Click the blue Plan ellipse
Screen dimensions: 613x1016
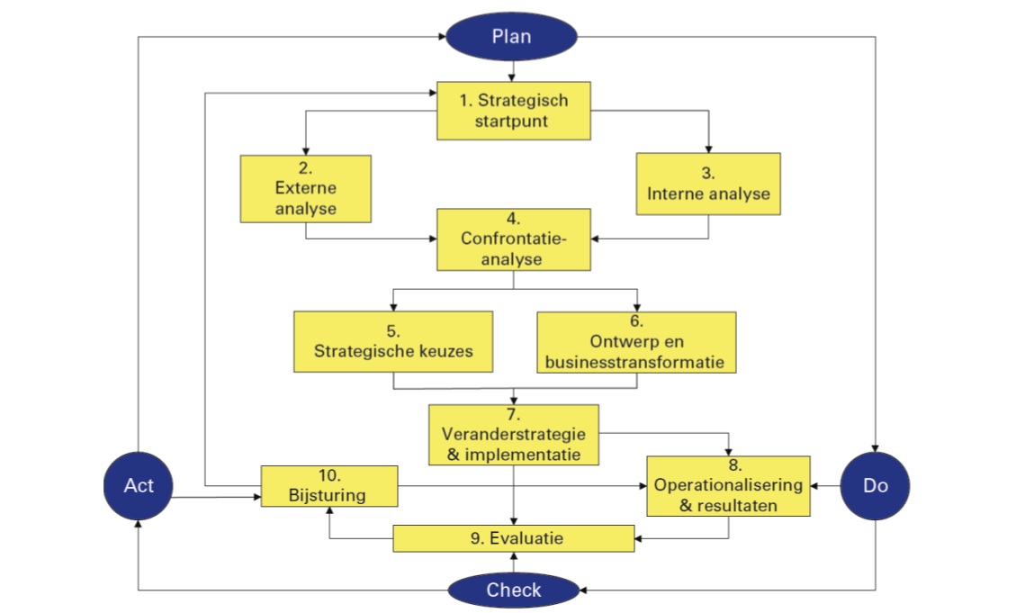[512, 36]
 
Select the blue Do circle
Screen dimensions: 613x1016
[875, 486]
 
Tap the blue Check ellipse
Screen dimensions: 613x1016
[514, 590]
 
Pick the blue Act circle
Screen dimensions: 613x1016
[139, 486]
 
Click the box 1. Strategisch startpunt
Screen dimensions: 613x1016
[514, 112]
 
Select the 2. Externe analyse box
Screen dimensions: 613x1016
[306, 189]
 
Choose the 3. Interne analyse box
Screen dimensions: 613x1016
[708, 184]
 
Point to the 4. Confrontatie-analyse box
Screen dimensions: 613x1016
[514, 239]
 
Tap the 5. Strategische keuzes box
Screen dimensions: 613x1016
[393, 341]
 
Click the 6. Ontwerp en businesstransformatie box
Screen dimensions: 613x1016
[636, 341]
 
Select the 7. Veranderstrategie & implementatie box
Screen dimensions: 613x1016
[514, 434]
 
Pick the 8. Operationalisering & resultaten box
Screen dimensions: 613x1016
[728, 486]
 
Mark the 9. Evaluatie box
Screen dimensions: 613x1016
[514, 538]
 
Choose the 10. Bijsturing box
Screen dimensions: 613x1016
[329, 486]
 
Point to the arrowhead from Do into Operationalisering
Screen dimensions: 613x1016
[815, 486]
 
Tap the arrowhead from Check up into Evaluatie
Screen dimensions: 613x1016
[514, 556]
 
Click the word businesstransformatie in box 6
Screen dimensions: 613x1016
[636, 362]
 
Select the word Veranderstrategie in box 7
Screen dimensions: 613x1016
[514, 435]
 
